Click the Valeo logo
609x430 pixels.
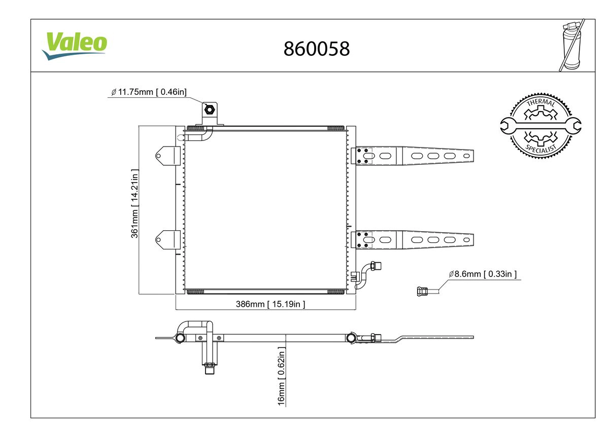(74, 46)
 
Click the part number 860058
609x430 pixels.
(317, 49)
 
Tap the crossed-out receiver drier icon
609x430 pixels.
(571, 45)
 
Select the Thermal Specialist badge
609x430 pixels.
(540, 126)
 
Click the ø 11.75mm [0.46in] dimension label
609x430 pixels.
(149, 92)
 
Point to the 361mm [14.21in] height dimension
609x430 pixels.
(134, 203)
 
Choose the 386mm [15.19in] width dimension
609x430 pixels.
(270, 304)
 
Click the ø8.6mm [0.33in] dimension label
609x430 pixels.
(483, 274)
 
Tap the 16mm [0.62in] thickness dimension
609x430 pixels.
(281, 376)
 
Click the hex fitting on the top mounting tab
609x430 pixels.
(209, 110)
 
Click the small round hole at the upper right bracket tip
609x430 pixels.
(466, 156)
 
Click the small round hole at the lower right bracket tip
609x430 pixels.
(466, 240)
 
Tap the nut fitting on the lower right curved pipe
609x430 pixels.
(376, 265)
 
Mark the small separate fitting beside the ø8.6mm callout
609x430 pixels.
(422, 292)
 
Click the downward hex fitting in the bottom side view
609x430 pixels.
(209, 369)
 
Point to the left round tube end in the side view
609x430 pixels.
(180, 338)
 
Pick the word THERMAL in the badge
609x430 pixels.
(541, 102)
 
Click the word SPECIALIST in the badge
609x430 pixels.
(541, 149)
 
